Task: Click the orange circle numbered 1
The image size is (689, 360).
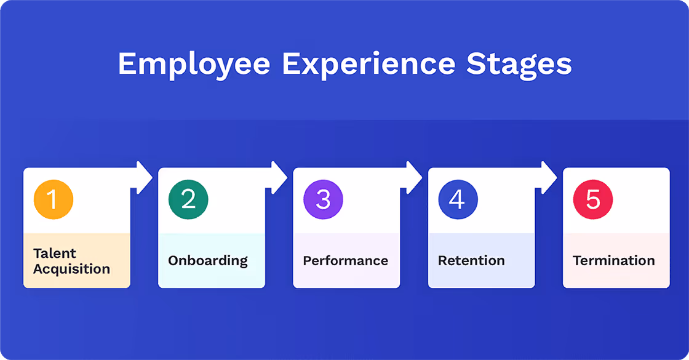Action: pos(54,200)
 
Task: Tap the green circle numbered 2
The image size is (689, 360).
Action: pos(188,200)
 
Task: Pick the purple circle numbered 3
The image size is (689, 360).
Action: pos(323,200)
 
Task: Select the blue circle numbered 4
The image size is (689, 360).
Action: pos(458,200)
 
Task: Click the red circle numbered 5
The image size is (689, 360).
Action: pos(592,200)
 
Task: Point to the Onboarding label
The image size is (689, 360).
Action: pos(208,260)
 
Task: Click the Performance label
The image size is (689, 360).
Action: pos(345,260)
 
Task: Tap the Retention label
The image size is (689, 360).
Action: pos(471,260)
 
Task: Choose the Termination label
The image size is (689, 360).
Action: pos(613,260)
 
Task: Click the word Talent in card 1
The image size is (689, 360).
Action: pos(55,253)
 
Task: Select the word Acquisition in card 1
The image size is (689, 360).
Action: pos(71,269)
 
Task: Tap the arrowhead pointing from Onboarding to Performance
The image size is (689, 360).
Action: pos(279,178)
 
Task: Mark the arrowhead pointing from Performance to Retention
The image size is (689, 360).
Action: pos(414,178)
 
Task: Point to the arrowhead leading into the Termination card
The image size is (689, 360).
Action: pos(549,178)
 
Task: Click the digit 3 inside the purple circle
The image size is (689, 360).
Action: pos(323,200)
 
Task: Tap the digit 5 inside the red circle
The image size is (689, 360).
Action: pos(592,200)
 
